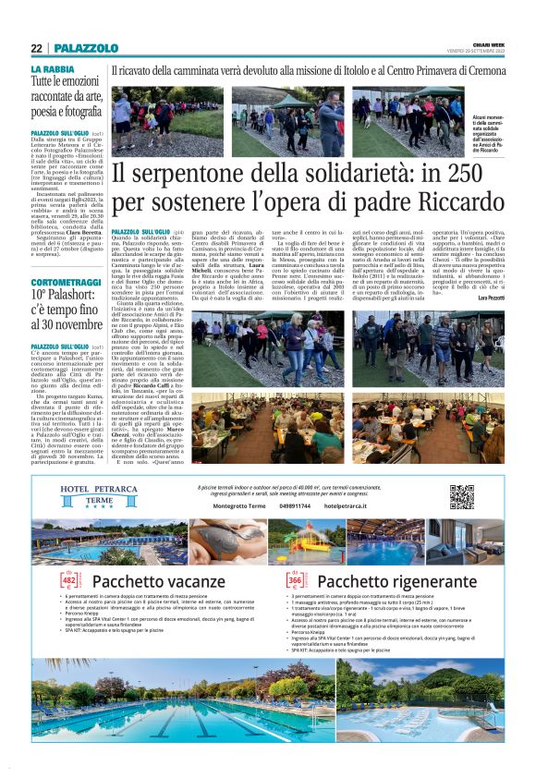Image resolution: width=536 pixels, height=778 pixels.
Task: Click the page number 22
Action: (36, 48)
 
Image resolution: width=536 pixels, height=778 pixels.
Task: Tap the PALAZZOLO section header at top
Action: (85, 48)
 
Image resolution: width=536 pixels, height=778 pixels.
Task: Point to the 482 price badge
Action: (67, 581)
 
